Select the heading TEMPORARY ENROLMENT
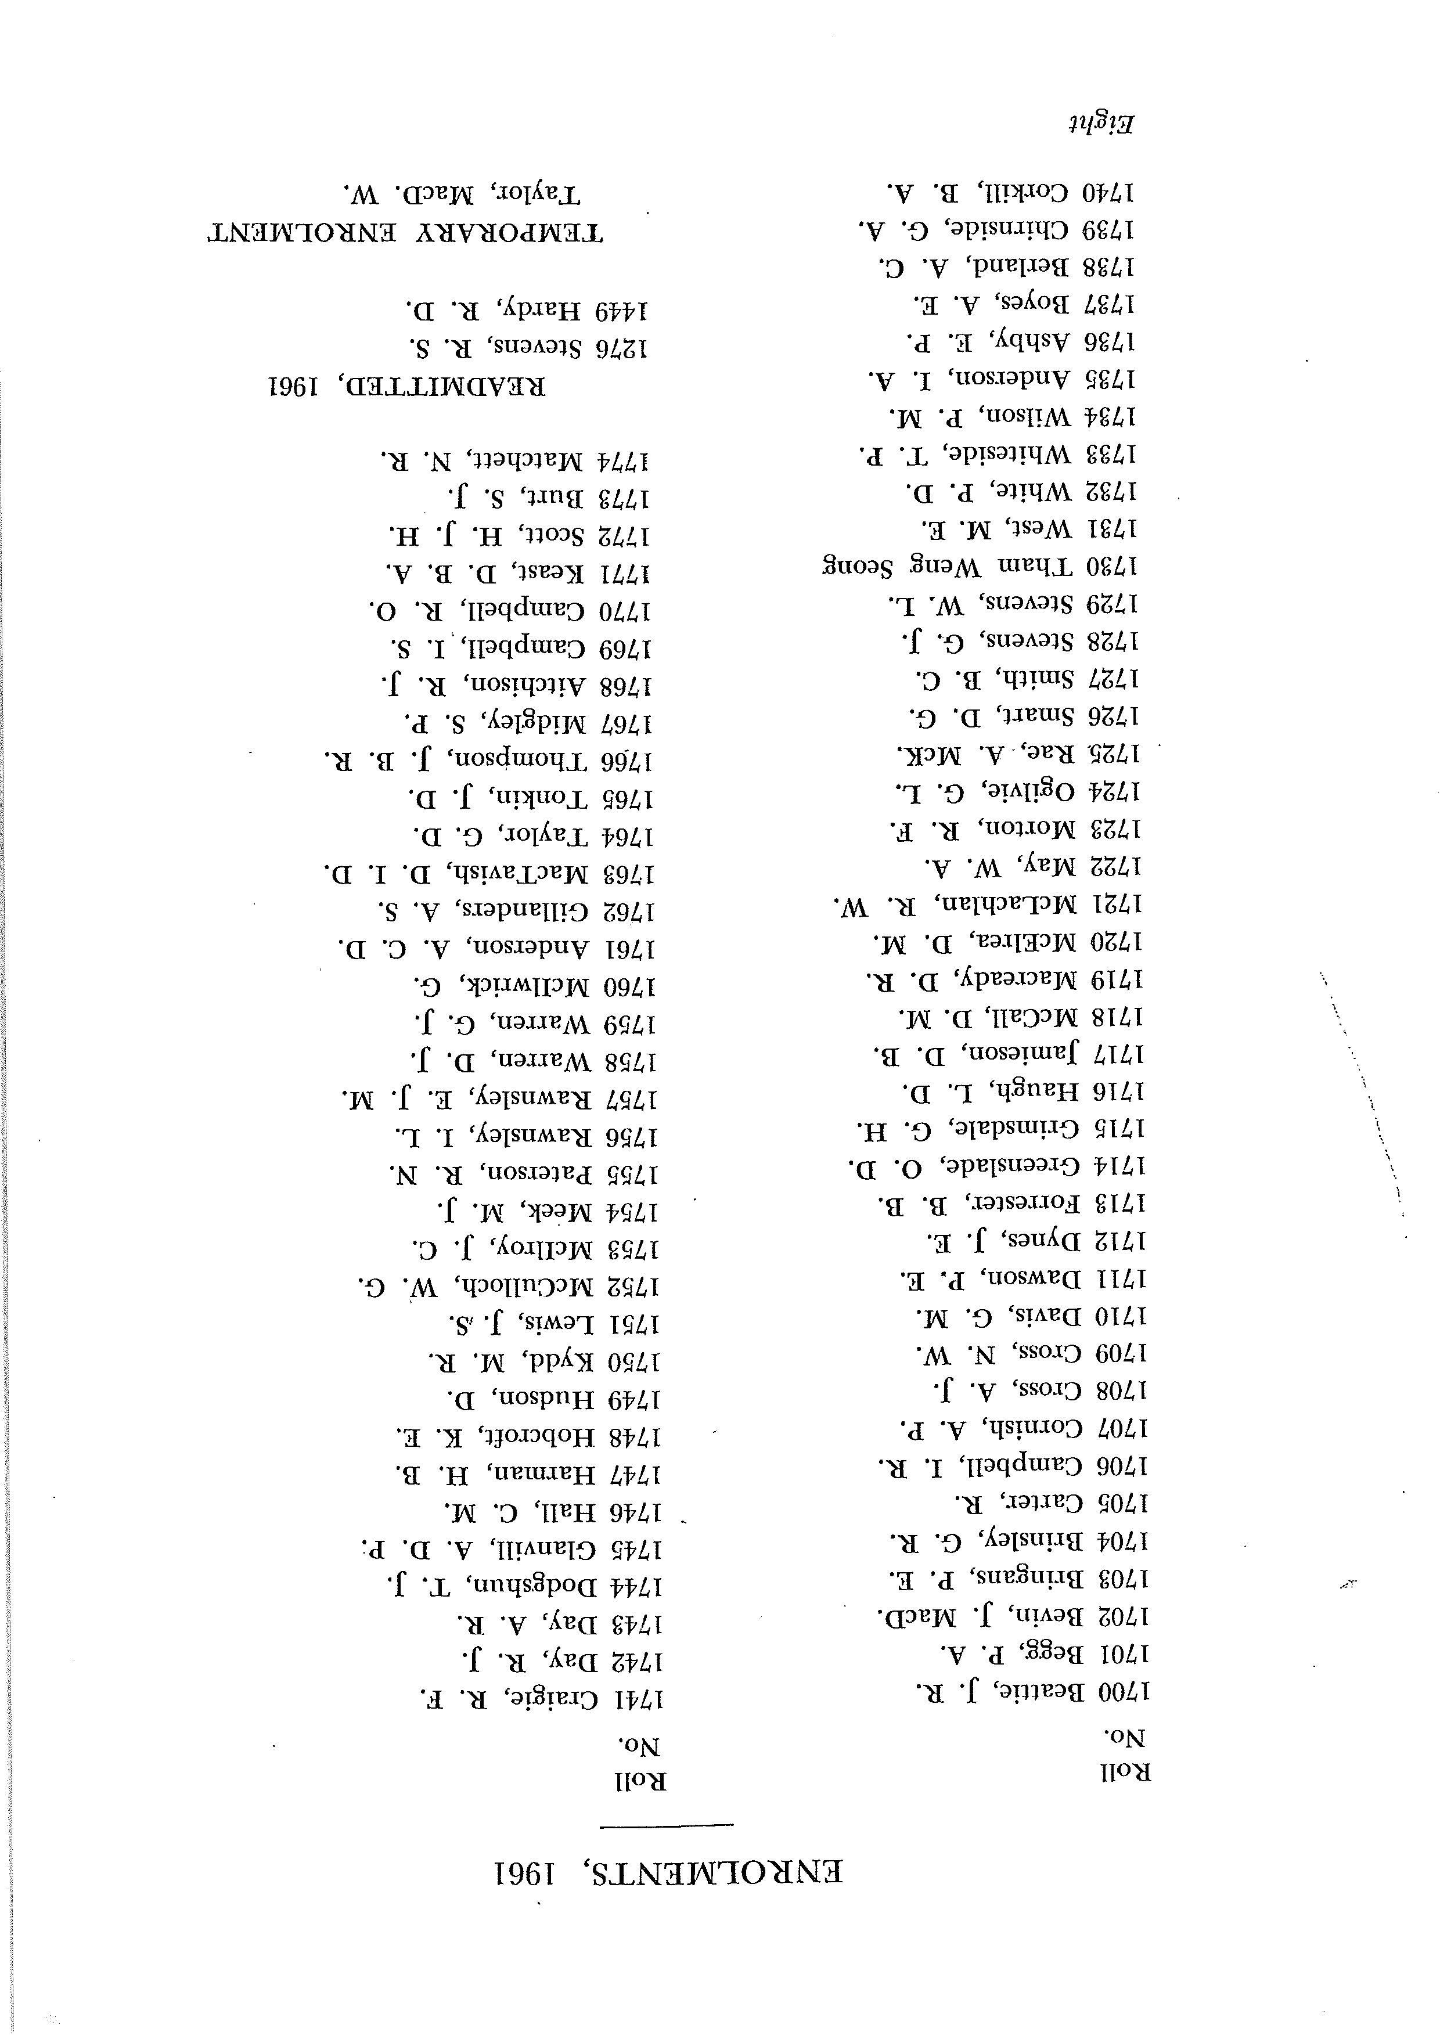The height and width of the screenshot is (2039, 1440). (x=405, y=233)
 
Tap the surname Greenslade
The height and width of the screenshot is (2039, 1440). (x=1012, y=1165)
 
